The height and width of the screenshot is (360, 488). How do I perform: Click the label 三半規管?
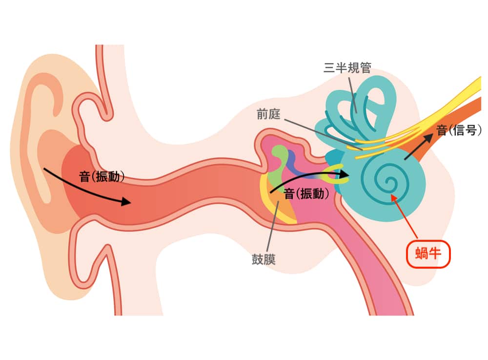pyautogui.click(x=347, y=68)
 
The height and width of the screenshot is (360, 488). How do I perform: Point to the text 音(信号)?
pyautogui.click(x=459, y=130)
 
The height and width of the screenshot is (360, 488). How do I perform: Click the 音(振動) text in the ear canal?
pyautogui.click(x=102, y=176)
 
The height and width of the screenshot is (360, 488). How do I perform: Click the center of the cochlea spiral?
pyautogui.click(x=389, y=184)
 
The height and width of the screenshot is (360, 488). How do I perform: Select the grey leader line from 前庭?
pyautogui.click(x=322, y=134)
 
